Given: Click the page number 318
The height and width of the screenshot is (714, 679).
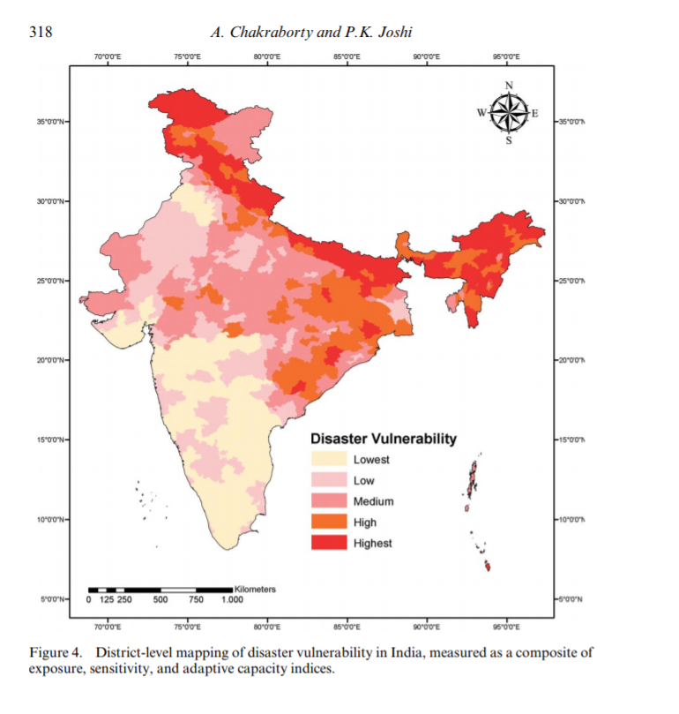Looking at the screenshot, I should click(x=41, y=34).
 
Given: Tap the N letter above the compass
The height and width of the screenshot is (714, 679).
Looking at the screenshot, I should click(x=509, y=85).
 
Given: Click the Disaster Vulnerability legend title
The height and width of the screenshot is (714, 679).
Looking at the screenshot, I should click(x=383, y=439).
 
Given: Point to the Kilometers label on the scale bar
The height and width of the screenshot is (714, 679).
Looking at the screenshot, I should click(x=256, y=589).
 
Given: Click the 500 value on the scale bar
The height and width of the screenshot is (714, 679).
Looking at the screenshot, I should click(x=160, y=600).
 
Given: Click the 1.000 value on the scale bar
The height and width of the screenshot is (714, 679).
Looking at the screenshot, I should click(x=232, y=600).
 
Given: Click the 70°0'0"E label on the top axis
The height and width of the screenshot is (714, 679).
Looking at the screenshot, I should click(x=108, y=56).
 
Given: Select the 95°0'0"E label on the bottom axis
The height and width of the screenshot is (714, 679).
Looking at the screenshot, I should click(x=506, y=626).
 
